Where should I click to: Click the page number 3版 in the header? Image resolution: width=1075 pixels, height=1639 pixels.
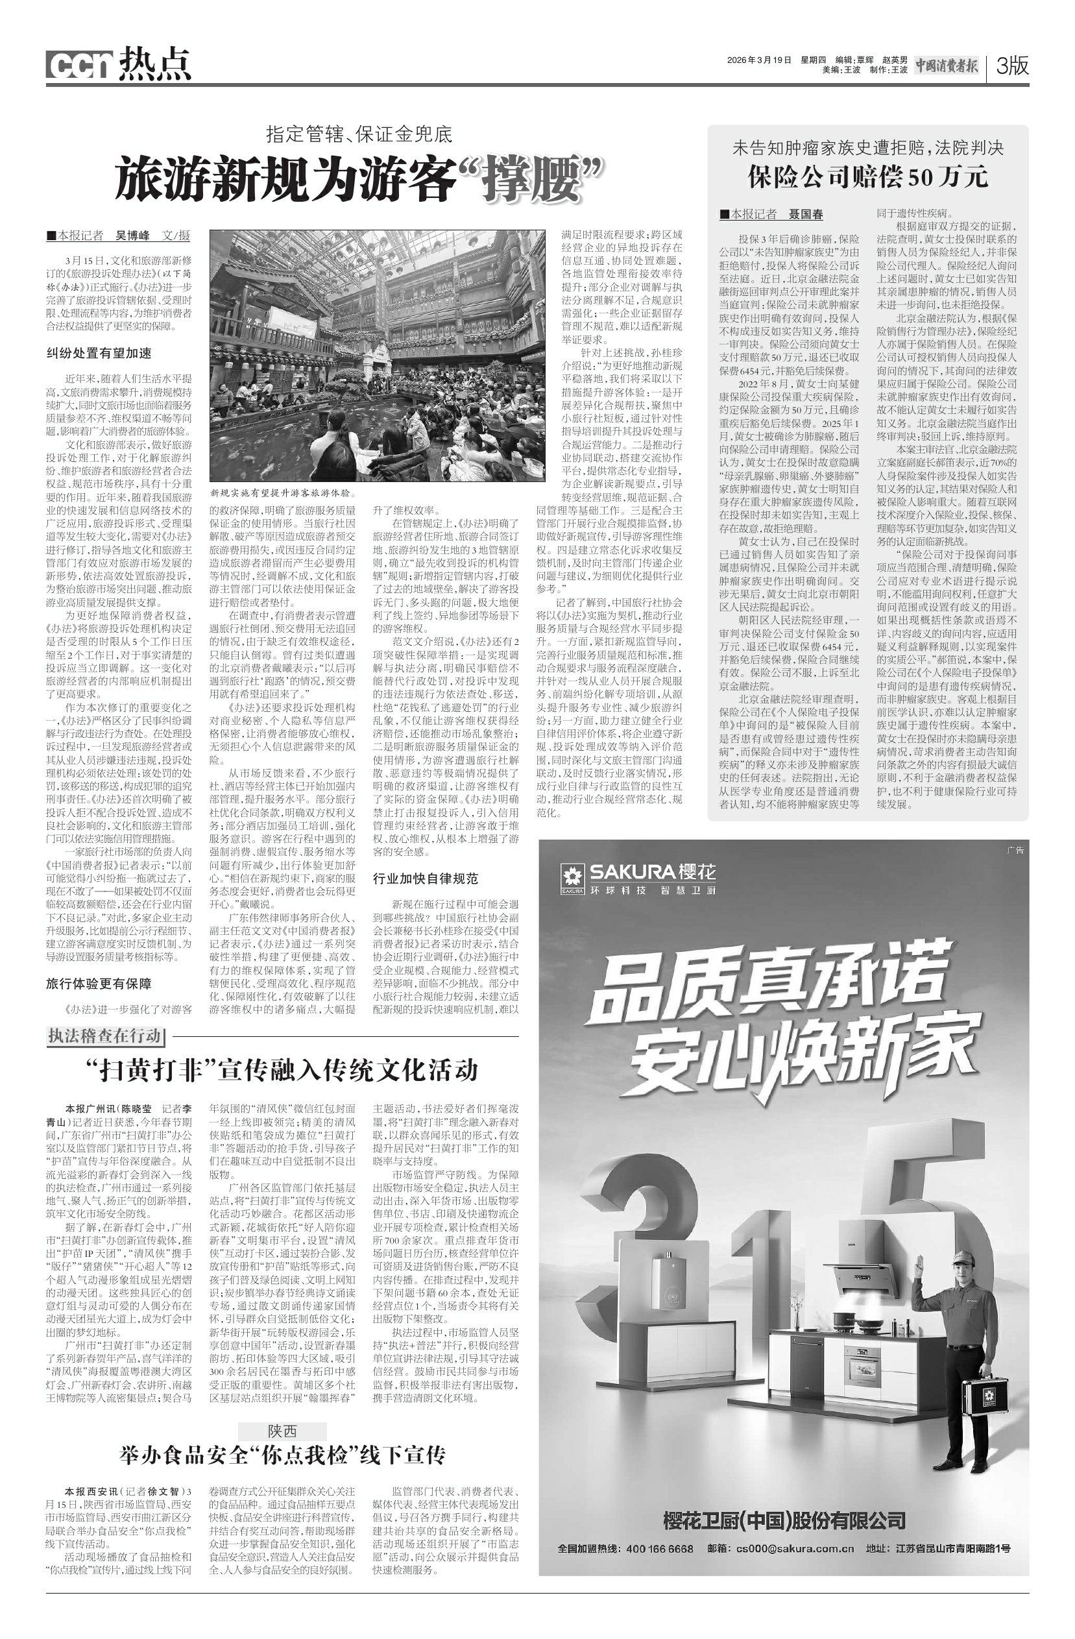[1011, 66]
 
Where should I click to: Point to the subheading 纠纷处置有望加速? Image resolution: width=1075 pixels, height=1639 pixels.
[99, 353]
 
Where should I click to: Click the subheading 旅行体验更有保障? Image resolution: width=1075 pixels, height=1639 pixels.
[99, 984]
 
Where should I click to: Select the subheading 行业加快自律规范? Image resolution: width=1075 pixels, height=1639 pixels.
[425, 879]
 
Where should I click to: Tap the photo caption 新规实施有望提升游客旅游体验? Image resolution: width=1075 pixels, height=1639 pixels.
[282, 494]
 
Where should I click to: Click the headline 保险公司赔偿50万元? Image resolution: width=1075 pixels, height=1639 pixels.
[867, 177]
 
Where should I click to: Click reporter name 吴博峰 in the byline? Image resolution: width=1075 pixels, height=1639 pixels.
[132, 236]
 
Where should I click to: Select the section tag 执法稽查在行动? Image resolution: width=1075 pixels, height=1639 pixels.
[104, 1036]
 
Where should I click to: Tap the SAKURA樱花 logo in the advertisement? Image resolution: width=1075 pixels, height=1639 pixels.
[638, 879]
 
